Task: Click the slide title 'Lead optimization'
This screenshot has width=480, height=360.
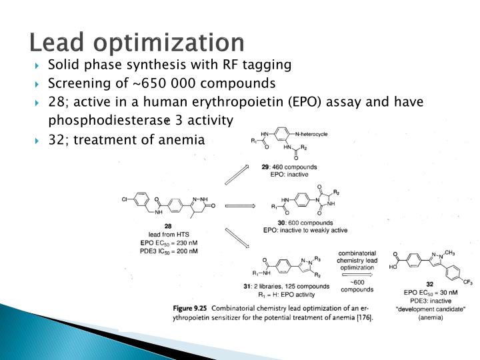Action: [137, 41]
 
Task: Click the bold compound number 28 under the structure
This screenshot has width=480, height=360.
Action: [168, 227]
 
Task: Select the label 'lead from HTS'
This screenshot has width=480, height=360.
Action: [168, 235]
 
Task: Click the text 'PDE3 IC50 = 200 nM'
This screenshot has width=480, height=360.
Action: [169, 251]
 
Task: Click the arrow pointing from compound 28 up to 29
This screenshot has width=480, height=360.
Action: [236, 173]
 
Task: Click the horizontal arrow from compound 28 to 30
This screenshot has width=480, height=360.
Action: [241, 206]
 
